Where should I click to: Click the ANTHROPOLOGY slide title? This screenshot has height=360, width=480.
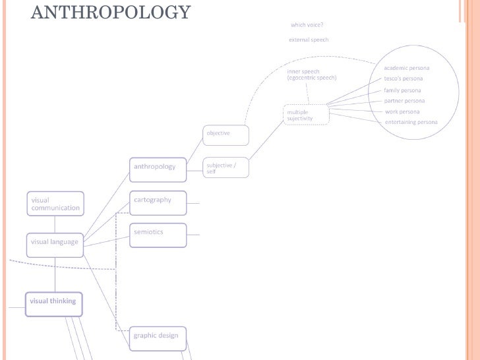[x=111, y=12]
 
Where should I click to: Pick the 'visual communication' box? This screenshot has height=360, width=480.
[x=55, y=204]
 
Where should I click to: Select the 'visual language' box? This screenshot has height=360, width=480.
[x=55, y=242]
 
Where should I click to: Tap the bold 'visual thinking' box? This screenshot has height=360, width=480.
[x=54, y=303]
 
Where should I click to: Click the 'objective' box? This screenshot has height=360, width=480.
[x=225, y=135]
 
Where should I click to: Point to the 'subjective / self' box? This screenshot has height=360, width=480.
[x=225, y=168]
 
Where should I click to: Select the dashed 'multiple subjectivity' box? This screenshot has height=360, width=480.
[x=306, y=115]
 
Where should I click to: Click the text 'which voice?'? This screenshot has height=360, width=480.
[x=307, y=25]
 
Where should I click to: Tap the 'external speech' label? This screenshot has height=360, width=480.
[x=309, y=40]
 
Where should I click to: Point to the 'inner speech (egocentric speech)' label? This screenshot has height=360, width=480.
[x=311, y=75]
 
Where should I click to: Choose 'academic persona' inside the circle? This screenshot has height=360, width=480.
[x=407, y=68]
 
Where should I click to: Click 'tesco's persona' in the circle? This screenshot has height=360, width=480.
[x=404, y=78]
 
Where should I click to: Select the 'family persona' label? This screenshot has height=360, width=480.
[x=402, y=90]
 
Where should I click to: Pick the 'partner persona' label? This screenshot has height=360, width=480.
[x=404, y=101]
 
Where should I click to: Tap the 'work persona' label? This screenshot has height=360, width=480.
[x=402, y=111]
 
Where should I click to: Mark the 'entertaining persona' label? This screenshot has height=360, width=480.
[x=411, y=122]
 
